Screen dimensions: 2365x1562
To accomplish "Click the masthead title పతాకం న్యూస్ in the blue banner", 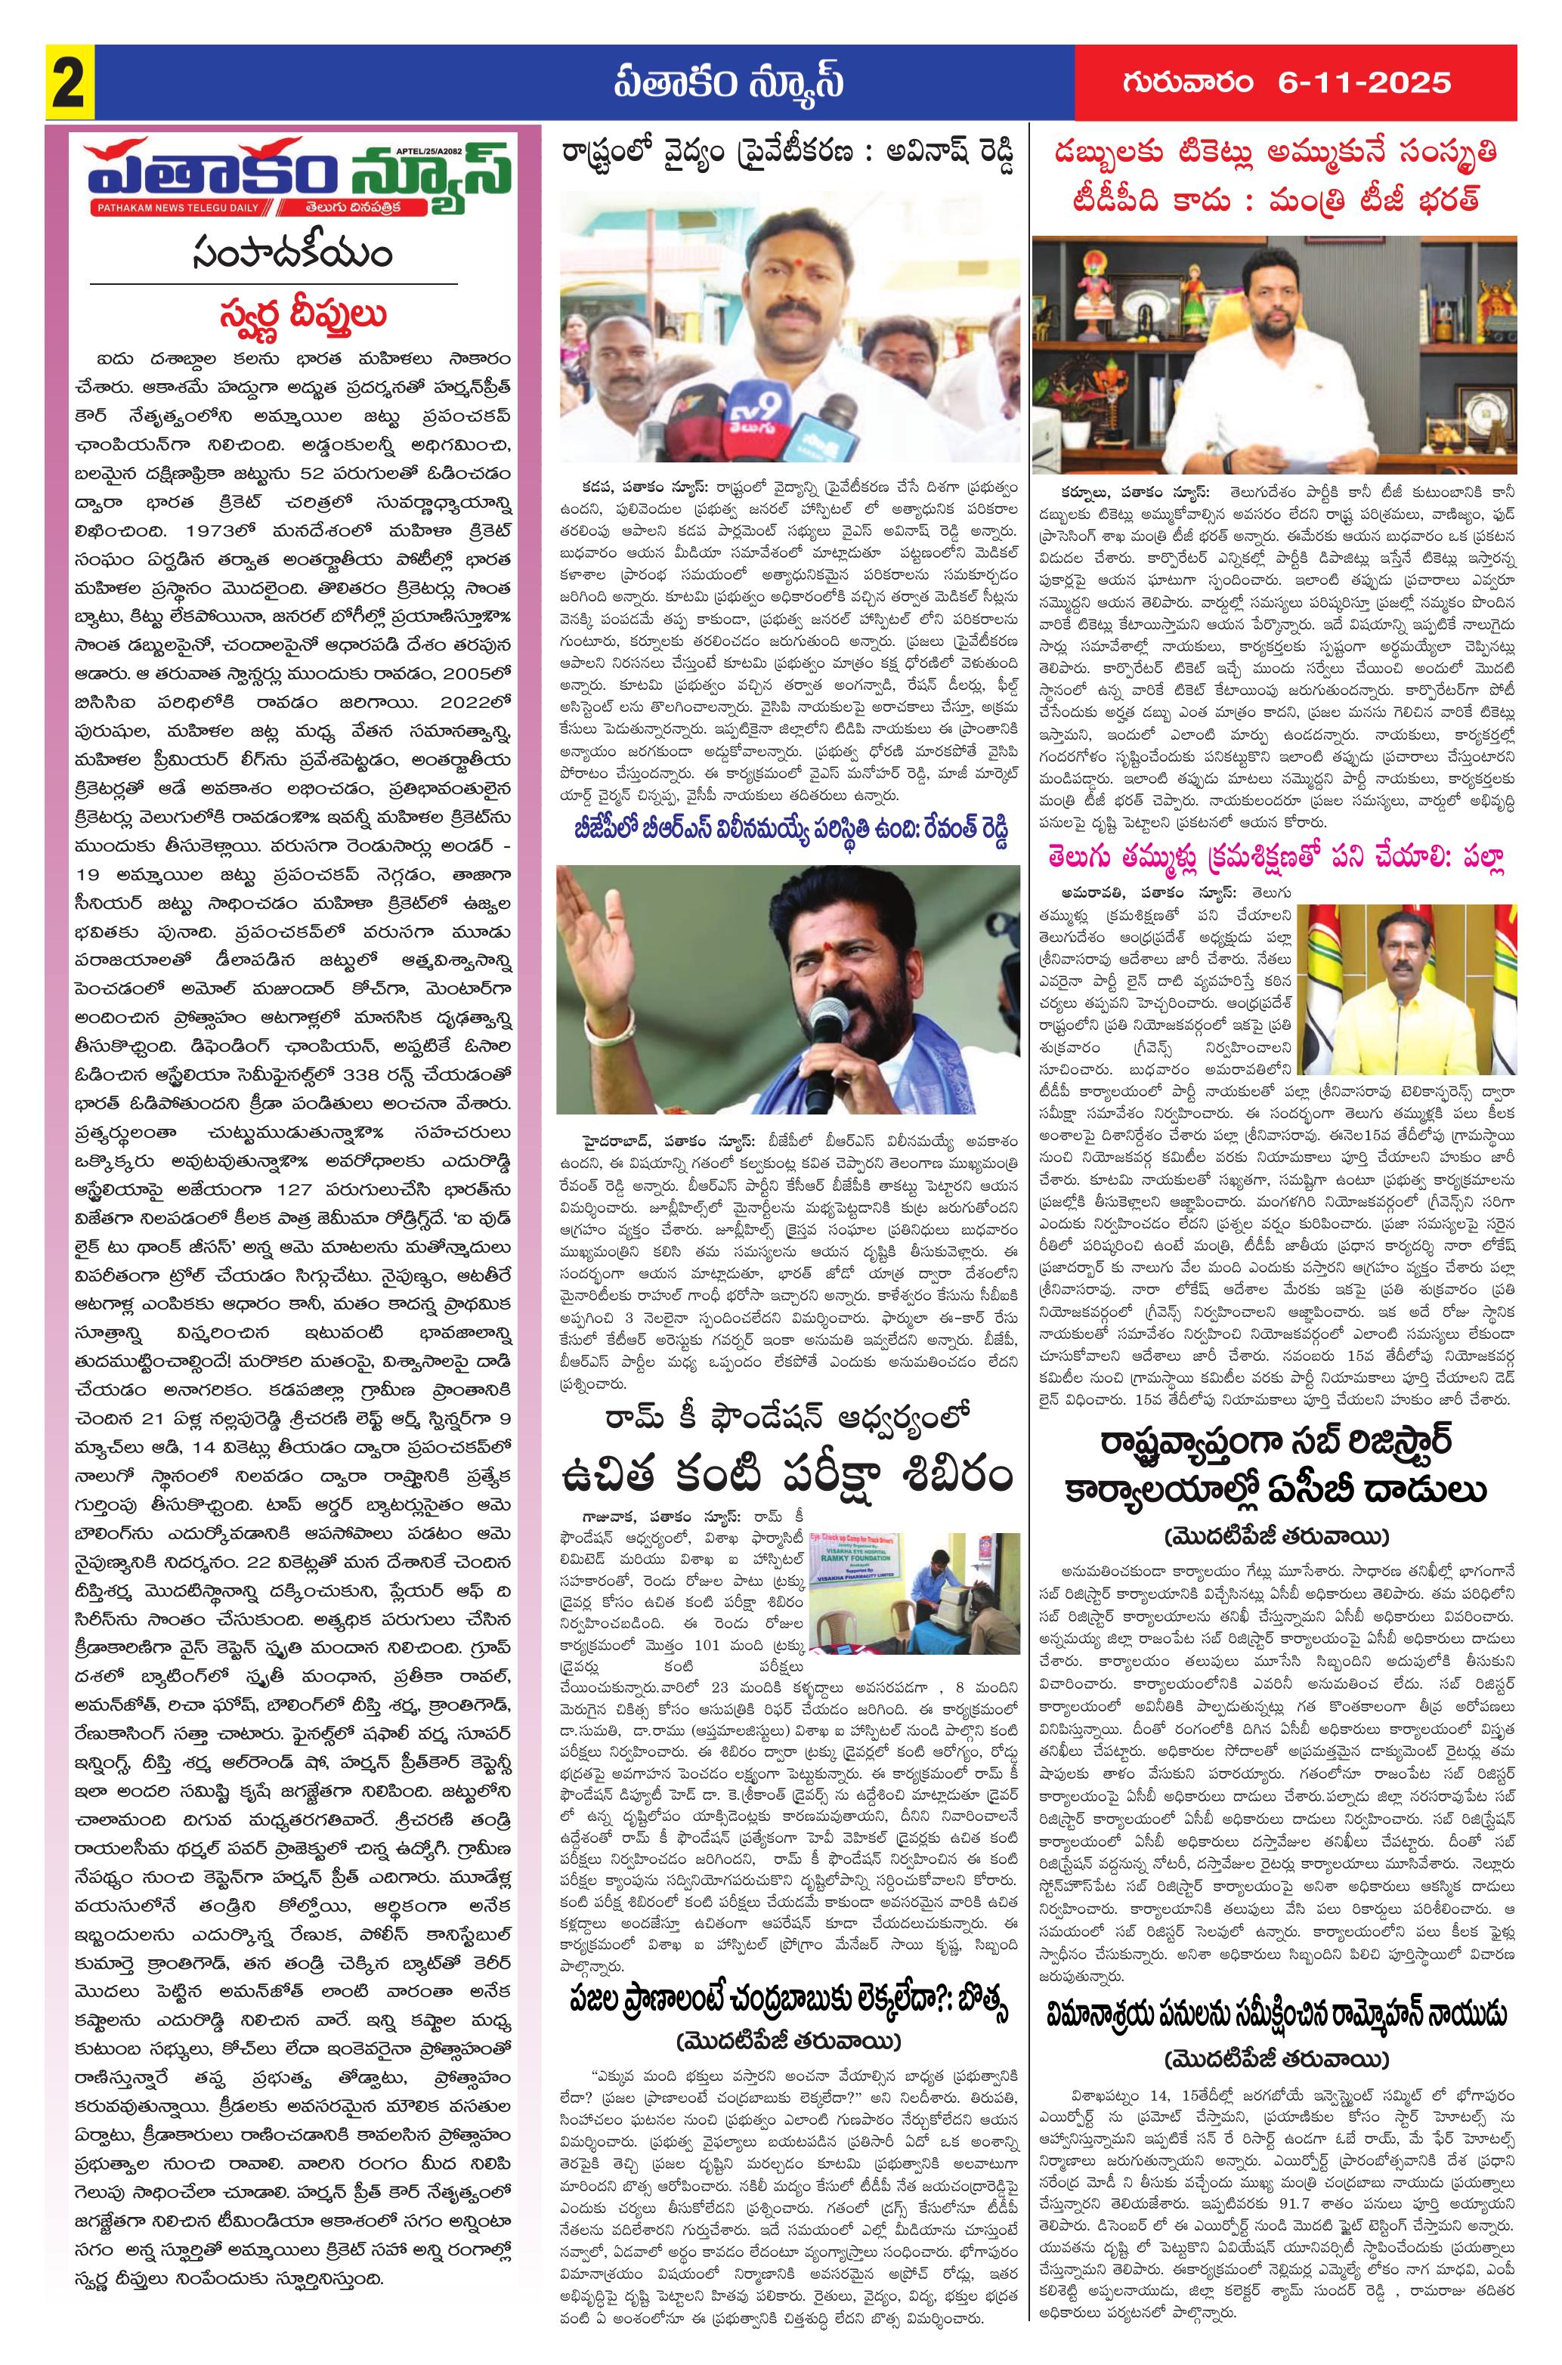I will (x=728, y=82).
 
